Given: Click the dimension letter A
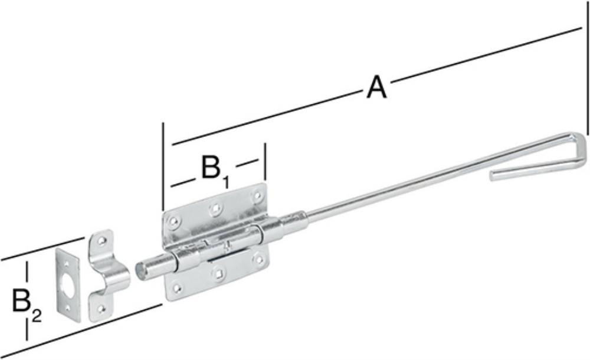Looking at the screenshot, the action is point(376,87).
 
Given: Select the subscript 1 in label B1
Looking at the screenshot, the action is point(225,182).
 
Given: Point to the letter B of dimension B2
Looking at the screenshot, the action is point(21,300).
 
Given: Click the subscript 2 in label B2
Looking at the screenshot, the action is point(37,316).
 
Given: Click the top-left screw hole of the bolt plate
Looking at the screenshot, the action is point(173,221).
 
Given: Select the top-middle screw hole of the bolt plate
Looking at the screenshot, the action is point(215,208).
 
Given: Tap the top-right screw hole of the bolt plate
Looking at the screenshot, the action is point(257,195).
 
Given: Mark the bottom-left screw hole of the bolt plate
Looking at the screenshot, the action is point(176,289).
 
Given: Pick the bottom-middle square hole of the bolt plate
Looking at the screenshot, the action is point(218,273).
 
